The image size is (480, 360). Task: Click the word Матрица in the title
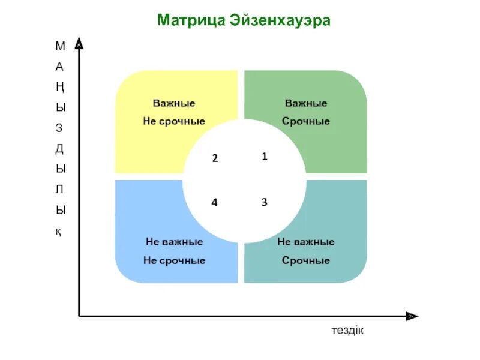pyautogui.click(x=190, y=20)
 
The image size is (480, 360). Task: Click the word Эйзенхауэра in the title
pyautogui.click(x=279, y=20)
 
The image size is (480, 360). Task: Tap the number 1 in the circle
pyautogui.click(x=264, y=156)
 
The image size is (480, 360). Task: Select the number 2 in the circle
pyautogui.click(x=214, y=159)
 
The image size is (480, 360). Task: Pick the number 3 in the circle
pyautogui.click(x=264, y=202)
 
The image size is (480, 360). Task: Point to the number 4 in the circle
pyautogui.click(x=214, y=202)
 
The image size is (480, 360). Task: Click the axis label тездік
pyautogui.click(x=347, y=331)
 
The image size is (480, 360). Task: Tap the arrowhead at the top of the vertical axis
pyautogui.click(x=79, y=44)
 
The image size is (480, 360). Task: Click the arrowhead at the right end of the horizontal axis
pyautogui.click(x=412, y=316)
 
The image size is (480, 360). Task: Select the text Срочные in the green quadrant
pyautogui.click(x=306, y=121)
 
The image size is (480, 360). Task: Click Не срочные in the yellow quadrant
pyautogui.click(x=174, y=121)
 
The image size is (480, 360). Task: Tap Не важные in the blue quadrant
pyautogui.click(x=174, y=242)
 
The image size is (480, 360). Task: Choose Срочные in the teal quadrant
pyautogui.click(x=306, y=260)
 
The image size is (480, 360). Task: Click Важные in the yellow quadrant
pyautogui.click(x=174, y=103)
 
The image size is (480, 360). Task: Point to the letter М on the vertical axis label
pyautogui.click(x=59, y=46)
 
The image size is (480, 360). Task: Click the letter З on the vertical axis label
pyautogui.click(x=59, y=128)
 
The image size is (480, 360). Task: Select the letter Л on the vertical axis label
pyautogui.click(x=59, y=190)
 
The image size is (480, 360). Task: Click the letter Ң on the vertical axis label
pyautogui.click(x=59, y=87)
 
